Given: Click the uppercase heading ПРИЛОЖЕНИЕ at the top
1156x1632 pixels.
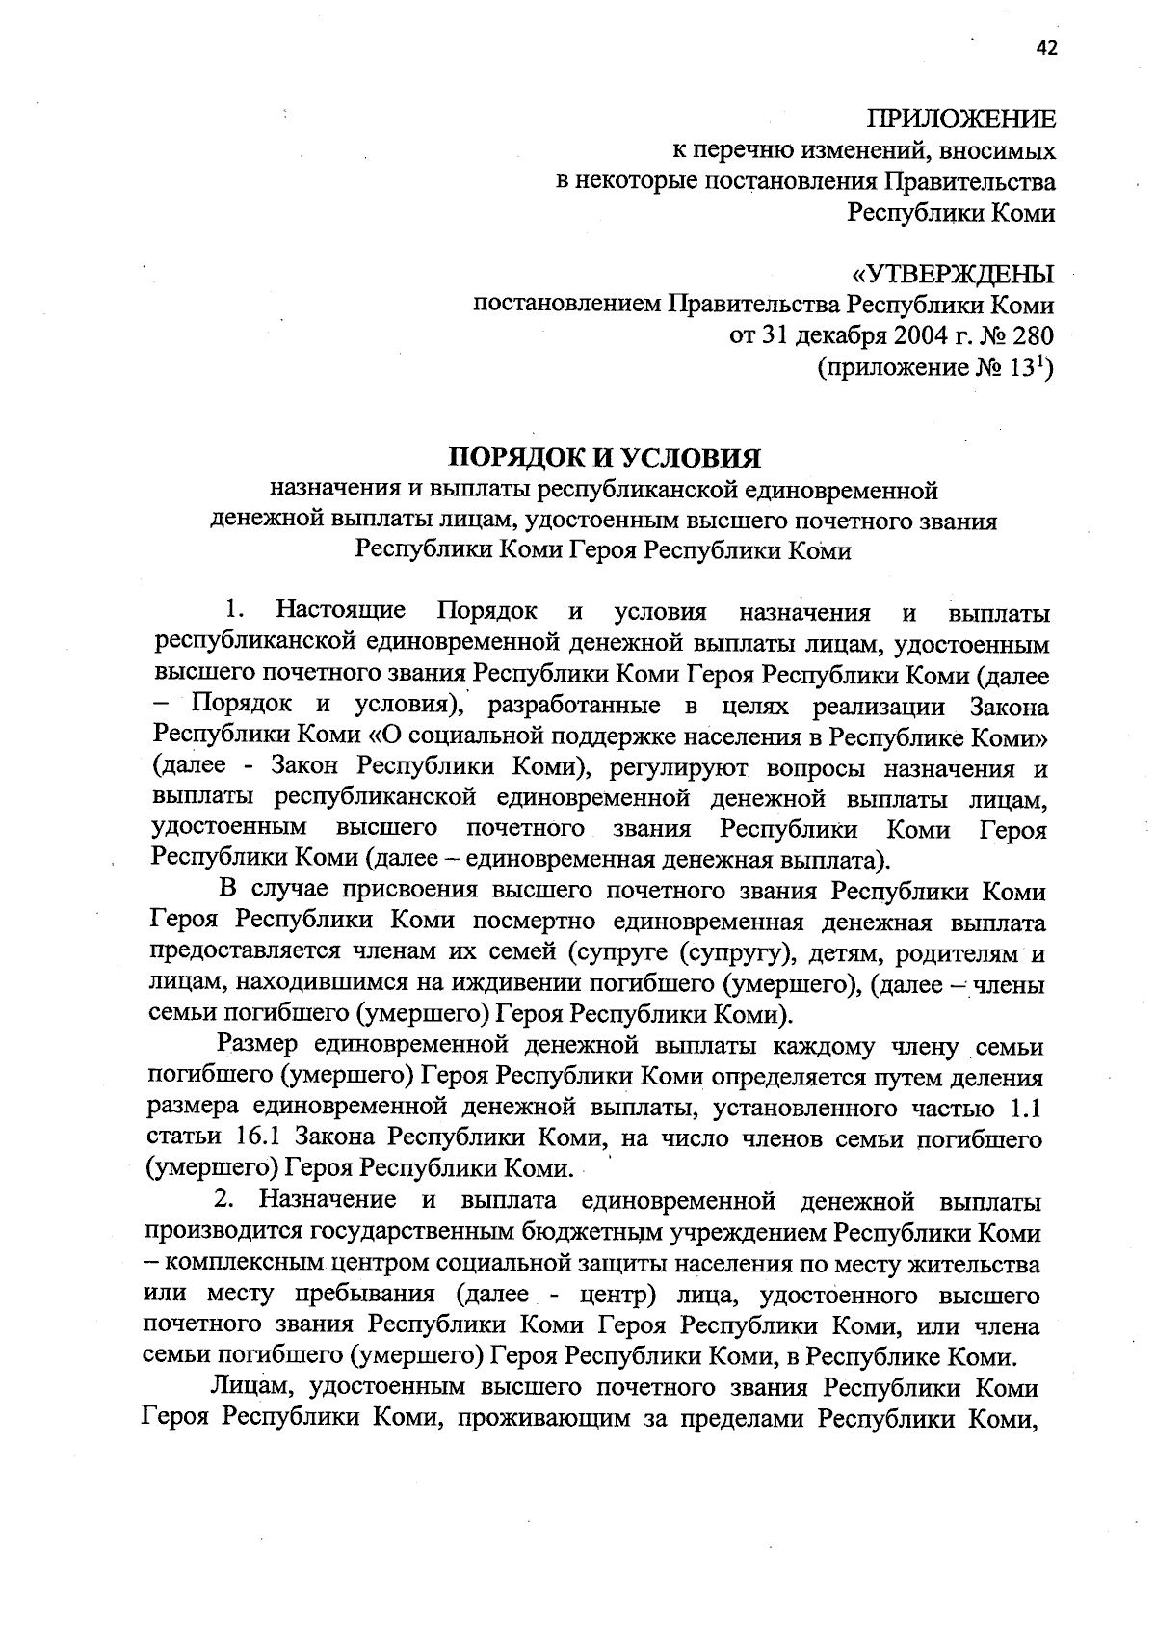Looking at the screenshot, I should pos(961,120).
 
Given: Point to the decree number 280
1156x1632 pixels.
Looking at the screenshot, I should pos(1030,335).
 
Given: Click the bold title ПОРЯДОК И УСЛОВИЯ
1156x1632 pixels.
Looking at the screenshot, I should pos(607,457).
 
